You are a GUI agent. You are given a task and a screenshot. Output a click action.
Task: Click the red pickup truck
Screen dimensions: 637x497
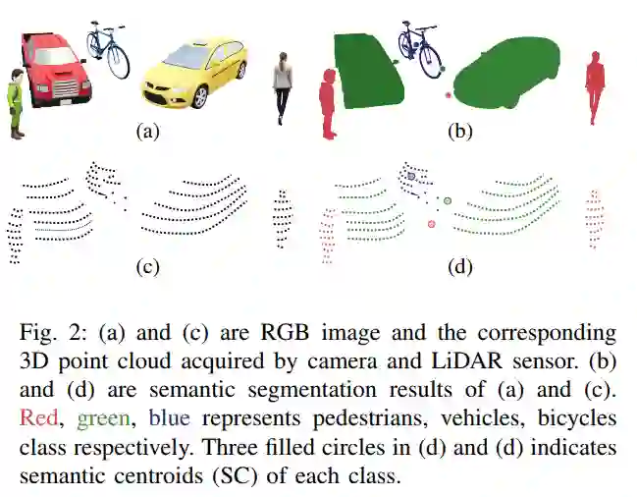click(x=54, y=71)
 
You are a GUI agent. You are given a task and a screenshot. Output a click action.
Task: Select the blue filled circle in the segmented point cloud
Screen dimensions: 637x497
click(x=412, y=176)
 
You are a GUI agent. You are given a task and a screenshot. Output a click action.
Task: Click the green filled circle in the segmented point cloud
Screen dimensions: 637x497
click(x=448, y=200)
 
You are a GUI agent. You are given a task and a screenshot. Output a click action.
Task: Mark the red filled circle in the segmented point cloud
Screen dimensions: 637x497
click(x=431, y=225)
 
